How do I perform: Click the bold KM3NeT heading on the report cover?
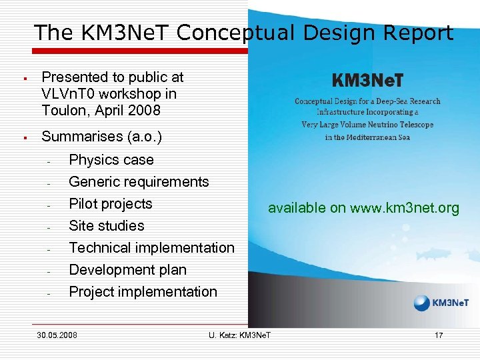367,81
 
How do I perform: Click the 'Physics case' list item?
111,160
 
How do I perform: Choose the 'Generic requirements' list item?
139,182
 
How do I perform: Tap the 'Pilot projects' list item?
111,204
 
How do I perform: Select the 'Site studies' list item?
107,226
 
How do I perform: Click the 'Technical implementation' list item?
152,248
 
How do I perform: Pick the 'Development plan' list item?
128,270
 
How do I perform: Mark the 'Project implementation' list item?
143,292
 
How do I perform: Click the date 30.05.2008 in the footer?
57,335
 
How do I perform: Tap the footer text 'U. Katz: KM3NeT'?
240,335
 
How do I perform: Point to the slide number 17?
439,335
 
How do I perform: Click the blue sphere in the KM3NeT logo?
422,303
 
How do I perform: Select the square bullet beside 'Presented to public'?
24,79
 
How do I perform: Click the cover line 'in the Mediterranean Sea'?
367,137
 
